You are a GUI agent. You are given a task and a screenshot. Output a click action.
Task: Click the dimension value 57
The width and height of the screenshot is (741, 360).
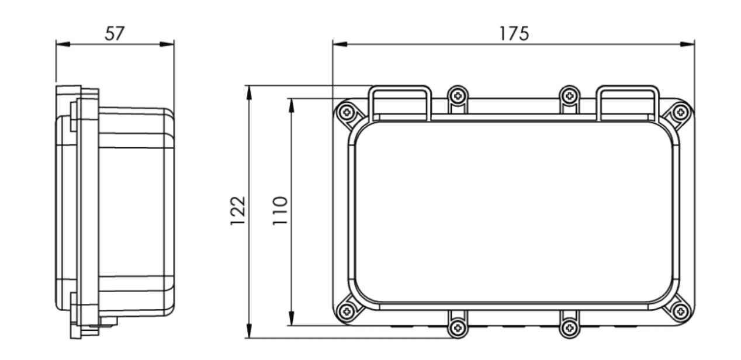pyautogui.click(x=115, y=33)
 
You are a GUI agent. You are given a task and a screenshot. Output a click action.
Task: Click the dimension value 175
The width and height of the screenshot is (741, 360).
pyautogui.click(x=514, y=33)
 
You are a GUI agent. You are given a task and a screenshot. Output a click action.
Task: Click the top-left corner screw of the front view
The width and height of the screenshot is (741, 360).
pyautogui.click(x=347, y=112)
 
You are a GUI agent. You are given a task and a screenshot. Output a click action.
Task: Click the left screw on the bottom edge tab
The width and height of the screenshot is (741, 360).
pyautogui.click(x=458, y=326)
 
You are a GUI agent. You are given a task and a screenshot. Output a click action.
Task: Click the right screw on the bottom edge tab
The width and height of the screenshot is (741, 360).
pyautogui.click(x=569, y=326)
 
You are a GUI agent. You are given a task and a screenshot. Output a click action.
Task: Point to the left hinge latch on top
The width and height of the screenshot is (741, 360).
pyautogui.click(x=401, y=103)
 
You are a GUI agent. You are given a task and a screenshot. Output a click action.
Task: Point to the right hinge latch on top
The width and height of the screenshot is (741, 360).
pyautogui.click(x=628, y=103)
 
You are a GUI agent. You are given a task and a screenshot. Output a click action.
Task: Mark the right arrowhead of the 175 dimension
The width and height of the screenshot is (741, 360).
pyautogui.click(x=689, y=43)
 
